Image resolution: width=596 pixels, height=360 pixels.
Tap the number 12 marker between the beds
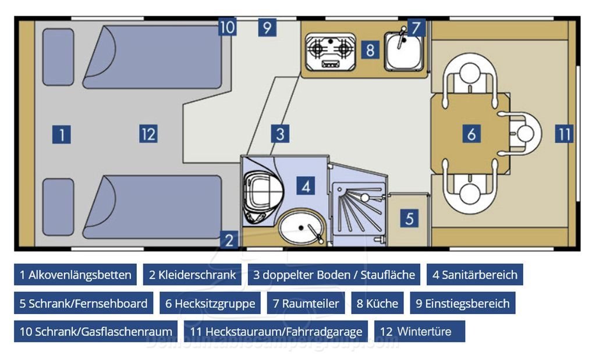[x=148, y=134]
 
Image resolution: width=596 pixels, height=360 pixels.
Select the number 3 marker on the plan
[x=280, y=134]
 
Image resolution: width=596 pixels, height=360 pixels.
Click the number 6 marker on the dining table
[x=471, y=134]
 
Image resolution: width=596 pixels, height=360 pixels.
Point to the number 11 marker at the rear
[x=563, y=134]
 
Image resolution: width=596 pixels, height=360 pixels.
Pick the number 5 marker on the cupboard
[x=410, y=219]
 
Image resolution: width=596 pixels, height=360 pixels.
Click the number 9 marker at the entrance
[x=267, y=27]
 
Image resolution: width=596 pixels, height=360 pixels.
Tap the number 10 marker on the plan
[x=228, y=27]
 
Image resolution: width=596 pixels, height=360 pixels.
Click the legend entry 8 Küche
[x=378, y=303]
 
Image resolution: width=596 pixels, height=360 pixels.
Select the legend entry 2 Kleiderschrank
[x=192, y=275]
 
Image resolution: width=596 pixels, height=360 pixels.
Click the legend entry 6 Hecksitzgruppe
[x=210, y=303]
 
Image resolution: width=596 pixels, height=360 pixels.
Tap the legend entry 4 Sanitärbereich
[x=474, y=275]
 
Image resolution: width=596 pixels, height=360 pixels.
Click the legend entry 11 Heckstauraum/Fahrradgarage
[x=276, y=332]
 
